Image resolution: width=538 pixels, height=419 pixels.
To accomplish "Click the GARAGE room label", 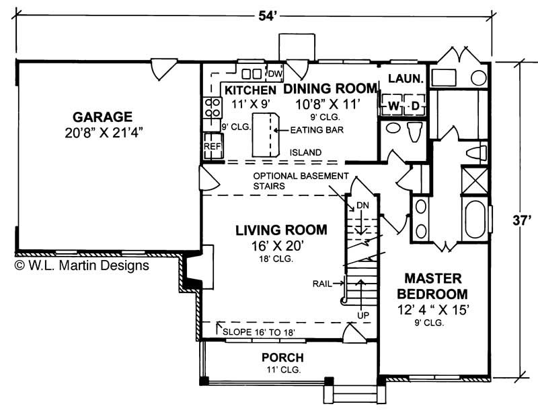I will [104, 117].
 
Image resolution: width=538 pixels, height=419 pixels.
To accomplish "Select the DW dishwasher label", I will [275, 73].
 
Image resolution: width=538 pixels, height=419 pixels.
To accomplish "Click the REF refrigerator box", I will [212, 146].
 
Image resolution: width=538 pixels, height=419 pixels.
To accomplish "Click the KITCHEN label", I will [249, 90].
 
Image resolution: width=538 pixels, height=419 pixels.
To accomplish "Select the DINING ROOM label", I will [330, 88].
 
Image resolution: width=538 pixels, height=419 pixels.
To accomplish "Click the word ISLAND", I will [305, 153].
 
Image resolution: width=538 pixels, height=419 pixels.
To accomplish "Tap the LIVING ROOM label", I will [281, 230].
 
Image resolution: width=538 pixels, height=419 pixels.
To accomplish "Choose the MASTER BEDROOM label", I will [432, 286].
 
